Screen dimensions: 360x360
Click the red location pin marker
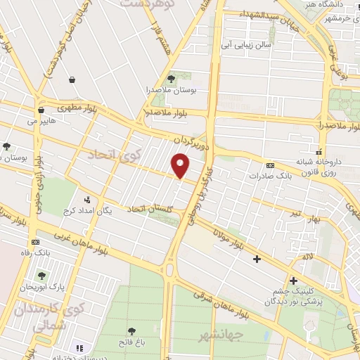click(181, 165)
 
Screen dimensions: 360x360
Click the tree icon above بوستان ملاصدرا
click(171, 78)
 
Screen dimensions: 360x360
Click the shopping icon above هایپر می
click(41, 110)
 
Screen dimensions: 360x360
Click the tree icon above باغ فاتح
click(131, 330)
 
